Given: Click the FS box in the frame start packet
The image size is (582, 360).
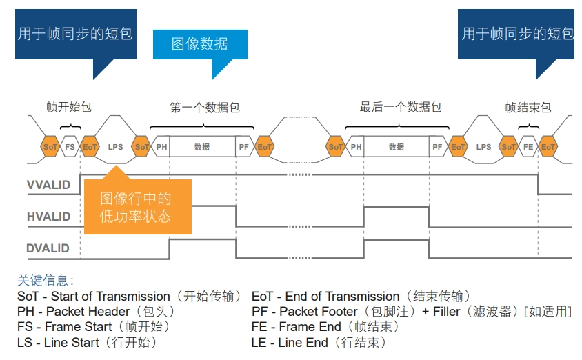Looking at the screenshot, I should tap(70, 147).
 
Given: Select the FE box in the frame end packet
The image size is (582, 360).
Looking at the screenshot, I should tap(528, 147).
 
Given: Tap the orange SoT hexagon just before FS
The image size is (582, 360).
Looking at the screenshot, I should tap(50, 147).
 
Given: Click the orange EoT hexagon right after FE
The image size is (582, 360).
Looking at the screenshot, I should tap(548, 147).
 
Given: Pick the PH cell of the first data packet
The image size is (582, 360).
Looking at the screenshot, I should tap(161, 147).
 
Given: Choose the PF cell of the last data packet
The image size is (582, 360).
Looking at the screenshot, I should tap(437, 147).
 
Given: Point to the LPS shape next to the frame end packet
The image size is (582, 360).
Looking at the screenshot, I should tap(483, 147).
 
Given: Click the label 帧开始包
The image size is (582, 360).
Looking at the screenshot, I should tap(69, 108).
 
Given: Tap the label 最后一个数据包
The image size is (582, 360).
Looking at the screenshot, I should tap(400, 108).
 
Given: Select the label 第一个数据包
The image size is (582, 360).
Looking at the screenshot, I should tap(205, 108).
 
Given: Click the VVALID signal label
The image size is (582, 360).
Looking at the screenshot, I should tap(49, 186).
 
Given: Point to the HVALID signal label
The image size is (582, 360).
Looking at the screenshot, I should tap(49, 217).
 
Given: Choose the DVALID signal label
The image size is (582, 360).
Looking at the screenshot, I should tap(48, 248).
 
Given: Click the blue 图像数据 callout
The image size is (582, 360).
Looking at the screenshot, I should tap(199, 45).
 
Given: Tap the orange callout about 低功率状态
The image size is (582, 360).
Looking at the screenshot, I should tap(136, 208).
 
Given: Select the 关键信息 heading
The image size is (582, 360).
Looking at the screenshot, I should tap(46, 281).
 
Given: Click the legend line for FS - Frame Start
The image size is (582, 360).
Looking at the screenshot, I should tap(94, 327).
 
